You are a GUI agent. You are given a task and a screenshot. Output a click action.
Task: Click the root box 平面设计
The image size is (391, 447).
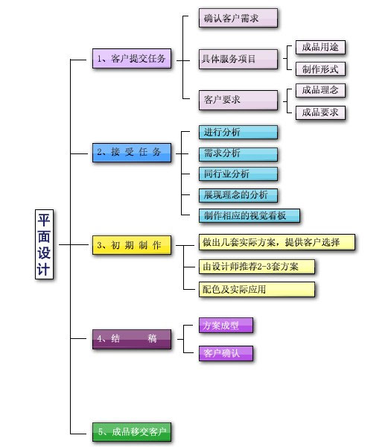tap(44, 244)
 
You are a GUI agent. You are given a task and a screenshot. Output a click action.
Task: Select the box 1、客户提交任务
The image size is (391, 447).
tap(132, 58)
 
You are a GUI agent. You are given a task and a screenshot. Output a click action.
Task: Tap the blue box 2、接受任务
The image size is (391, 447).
tap(132, 153)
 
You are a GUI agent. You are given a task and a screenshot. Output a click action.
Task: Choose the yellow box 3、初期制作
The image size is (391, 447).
tap(132, 245)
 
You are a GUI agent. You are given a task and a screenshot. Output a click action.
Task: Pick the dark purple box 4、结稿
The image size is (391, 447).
tap(132, 339)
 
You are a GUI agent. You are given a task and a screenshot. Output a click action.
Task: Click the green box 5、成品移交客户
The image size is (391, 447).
tap(132, 432)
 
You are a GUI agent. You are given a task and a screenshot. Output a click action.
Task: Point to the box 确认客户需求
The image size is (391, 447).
tap(238, 18)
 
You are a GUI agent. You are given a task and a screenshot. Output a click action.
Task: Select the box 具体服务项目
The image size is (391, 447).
tap(238, 59)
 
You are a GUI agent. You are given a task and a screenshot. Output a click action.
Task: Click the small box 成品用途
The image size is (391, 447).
tap(320, 47)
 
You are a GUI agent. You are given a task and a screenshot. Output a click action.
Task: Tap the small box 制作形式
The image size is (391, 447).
tap(320, 69)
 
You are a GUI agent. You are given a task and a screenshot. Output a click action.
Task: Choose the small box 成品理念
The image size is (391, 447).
tap(320, 90)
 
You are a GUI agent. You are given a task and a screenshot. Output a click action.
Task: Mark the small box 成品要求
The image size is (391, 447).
tap(320, 112)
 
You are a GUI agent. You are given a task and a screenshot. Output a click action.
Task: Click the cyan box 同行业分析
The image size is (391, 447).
tap(238, 174)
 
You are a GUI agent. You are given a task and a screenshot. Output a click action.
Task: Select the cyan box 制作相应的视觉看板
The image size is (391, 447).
tap(249, 215)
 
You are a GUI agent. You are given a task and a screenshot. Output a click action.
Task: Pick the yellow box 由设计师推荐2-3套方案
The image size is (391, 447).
tap(257, 267)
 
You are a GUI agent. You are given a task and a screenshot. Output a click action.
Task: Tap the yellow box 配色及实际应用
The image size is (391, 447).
tap(257, 289)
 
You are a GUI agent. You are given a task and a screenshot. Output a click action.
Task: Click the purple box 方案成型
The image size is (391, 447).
tap(226, 325)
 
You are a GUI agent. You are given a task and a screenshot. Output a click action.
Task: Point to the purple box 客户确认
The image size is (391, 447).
tap(226, 353)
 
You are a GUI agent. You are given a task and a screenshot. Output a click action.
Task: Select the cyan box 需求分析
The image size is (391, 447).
tap(238, 154)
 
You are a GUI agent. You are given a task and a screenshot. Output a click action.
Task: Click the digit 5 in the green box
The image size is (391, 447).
tap(101, 432)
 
